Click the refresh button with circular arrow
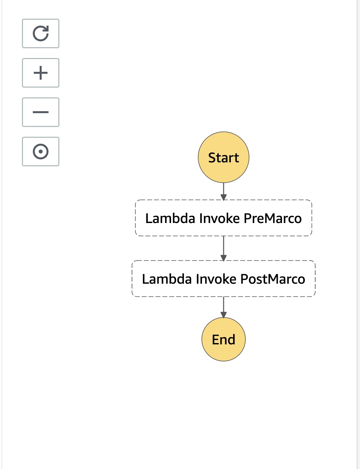(41, 33)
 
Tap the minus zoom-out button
(41, 112)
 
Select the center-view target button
(41, 152)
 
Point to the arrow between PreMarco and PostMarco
(224, 248)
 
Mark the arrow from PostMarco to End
(224, 306)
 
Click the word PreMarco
(273, 218)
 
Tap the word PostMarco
(273, 279)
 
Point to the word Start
(224, 158)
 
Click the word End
(224, 340)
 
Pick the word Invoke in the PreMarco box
(220, 218)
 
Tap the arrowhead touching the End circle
(224, 315)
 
